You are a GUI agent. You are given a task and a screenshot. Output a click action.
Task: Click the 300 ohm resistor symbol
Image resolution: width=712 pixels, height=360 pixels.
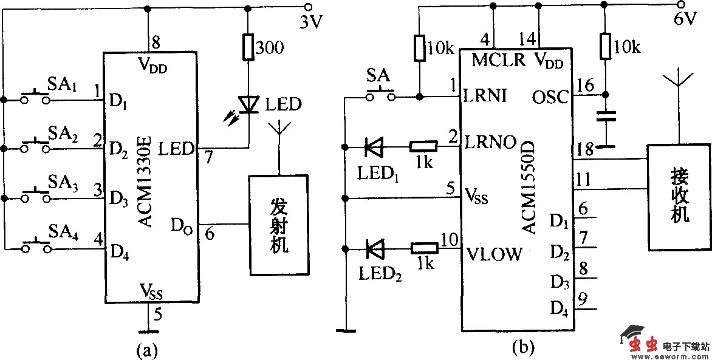(248, 47)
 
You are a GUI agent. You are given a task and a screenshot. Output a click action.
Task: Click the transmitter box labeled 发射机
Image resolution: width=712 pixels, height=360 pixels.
(279, 225)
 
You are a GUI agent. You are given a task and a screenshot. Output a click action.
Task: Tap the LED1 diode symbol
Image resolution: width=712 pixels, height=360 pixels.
(373, 146)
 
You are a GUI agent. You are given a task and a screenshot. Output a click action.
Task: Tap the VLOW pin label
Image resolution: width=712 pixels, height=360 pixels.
(495, 254)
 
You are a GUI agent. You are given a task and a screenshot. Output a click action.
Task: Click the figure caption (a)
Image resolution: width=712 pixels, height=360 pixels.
(148, 349)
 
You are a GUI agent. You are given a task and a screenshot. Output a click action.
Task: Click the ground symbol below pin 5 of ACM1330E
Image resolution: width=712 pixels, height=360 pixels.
(148, 331)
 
